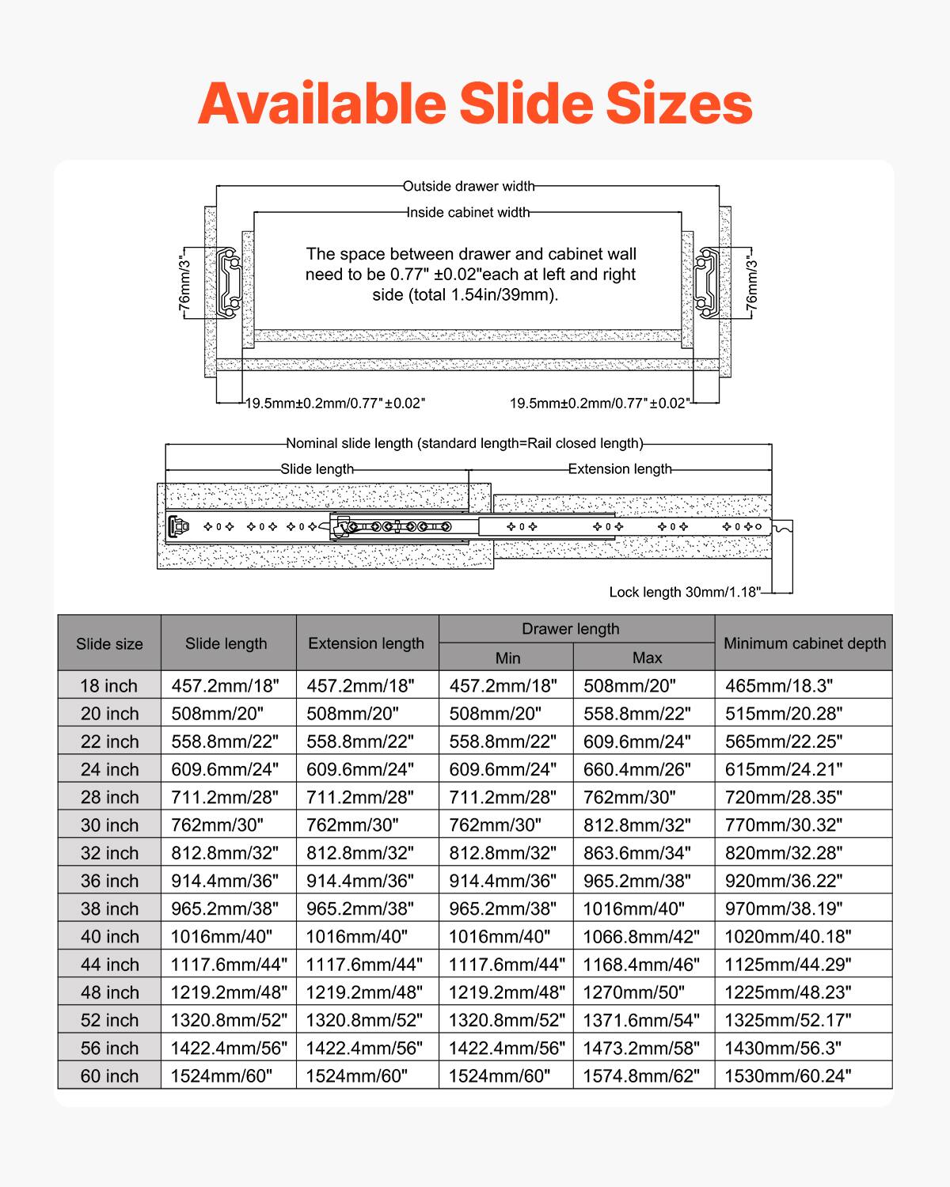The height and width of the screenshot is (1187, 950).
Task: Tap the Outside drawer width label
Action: click(469, 187)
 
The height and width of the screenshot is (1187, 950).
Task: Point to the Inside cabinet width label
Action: click(469, 212)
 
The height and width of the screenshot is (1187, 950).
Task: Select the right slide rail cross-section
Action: click(707, 281)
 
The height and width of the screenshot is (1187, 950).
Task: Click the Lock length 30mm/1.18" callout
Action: click(684, 592)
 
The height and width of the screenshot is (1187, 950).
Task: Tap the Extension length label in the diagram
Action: click(620, 469)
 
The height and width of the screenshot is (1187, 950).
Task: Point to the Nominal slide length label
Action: click(465, 443)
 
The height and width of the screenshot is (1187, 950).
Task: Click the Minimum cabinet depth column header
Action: click(804, 643)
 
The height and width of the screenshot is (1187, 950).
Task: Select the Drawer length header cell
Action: click(570, 629)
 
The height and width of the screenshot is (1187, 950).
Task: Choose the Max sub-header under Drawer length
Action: click(647, 658)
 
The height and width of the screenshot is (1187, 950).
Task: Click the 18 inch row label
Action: click(109, 686)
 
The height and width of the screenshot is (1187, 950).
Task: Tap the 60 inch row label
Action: click(109, 1076)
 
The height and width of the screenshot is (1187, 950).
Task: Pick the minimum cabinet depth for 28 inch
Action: click(784, 798)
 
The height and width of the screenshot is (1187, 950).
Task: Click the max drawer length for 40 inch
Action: click(641, 937)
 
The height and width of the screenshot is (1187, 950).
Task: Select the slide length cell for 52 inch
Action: click(229, 1020)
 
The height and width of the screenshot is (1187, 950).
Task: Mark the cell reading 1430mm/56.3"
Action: click(783, 1049)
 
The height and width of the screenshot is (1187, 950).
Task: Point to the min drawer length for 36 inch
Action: click(503, 881)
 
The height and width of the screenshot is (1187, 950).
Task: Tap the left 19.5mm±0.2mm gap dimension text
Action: click(335, 403)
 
